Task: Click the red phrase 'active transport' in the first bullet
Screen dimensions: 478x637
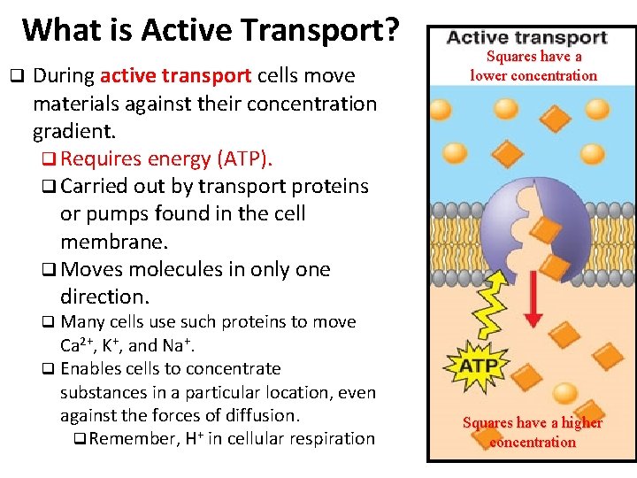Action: click(176, 76)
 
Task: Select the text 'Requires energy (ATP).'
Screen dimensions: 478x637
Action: click(167, 158)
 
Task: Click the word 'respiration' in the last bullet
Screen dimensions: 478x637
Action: click(331, 439)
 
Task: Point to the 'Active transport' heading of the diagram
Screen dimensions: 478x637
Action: click(526, 38)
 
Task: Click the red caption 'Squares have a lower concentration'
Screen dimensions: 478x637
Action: click(533, 66)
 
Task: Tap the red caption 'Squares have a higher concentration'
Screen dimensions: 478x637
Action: click(533, 432)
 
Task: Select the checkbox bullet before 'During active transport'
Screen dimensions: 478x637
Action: click(15, 77)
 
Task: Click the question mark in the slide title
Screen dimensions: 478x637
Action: click(390, 29)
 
